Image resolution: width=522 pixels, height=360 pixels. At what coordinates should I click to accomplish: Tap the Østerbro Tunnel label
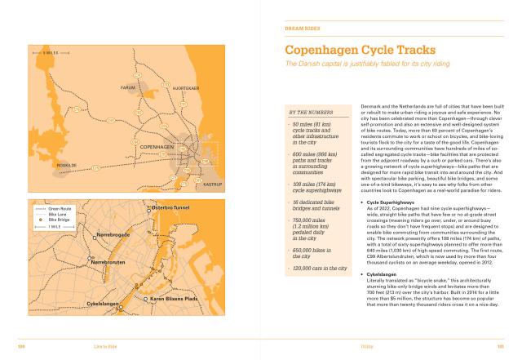tap(171, 208)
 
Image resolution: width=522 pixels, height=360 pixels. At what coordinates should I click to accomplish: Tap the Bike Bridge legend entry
tap(59, 220)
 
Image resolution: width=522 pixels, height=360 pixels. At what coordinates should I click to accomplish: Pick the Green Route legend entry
tap(60, 209)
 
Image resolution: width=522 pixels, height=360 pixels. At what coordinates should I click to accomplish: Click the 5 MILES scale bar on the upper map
tap(44, 54)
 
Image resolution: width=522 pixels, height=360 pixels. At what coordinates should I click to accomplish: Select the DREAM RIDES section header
tap(301, 28)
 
